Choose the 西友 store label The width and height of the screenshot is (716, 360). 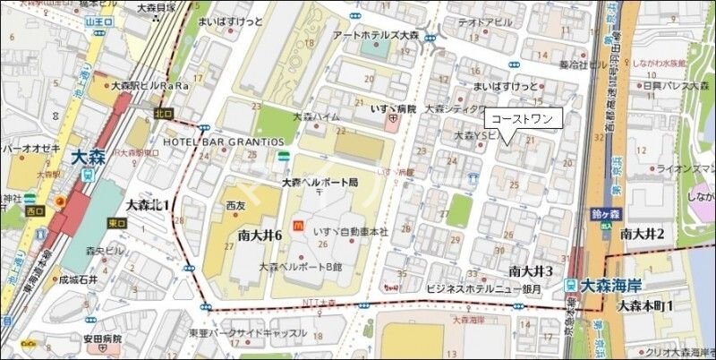point(235,205)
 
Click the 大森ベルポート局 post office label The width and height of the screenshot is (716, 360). point(320,182)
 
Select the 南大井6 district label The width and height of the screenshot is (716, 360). point(260,235)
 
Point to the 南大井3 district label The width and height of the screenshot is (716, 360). point(532,270)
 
